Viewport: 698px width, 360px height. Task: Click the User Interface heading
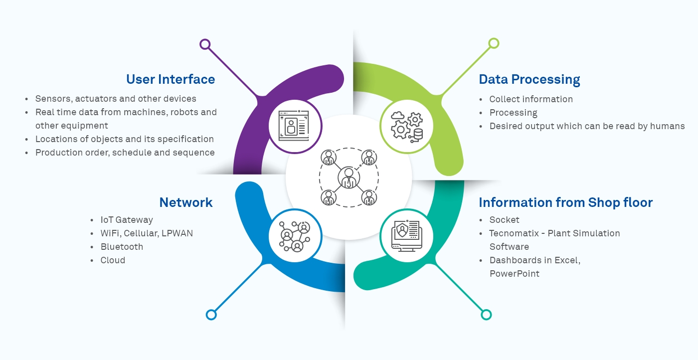pyautogui.click(x=171, y=79)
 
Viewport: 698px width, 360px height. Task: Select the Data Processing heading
pyautogui.click(x=529, y=79)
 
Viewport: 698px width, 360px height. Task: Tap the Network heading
pyautogui.click(x=186, y=202)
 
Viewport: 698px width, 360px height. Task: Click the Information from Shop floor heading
pyautogui.click(x=565, y=202)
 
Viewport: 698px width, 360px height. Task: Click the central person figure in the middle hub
pyautogui.click(x=349, y=178)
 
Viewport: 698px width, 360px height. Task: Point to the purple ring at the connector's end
pyautogui.click(x=205, y=44)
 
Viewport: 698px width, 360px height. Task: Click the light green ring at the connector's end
pyautogui.click(x=494, y=43)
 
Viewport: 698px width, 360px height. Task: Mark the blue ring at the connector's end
pyautogui.click(x=211, y=315)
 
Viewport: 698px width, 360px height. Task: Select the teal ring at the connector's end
pyautogui.click(x=486, y=315)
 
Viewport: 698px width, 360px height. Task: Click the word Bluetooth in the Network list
pyautogui.click(x=122, y=247)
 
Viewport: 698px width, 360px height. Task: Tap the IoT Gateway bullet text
pyautogui.click(x=127, y=220)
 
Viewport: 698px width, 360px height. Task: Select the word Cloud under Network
pyautogui.click(x=113, y=260)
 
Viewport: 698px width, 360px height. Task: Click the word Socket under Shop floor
pyautogui.click(x=504, y=220)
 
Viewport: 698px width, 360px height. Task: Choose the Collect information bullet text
pyautogui.click(x=531, y=99)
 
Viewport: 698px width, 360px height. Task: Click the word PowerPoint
pyautogui.click(x=514, y=274)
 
